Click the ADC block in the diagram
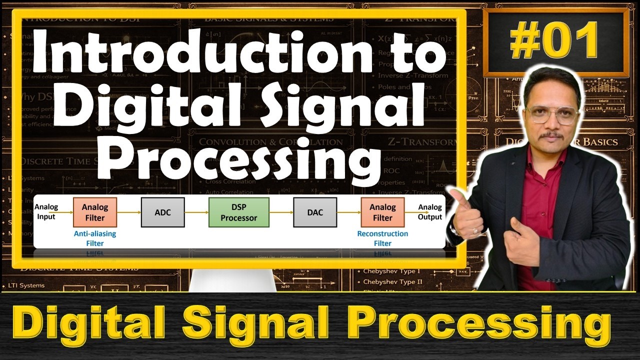[x=162, y=212]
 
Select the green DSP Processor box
[x=239, y=212]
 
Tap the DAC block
[x=315, y=212]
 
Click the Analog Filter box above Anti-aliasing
[x=95, y=212]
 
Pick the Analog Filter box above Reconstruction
[x=382, y=212]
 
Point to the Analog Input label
[x=46, y=212]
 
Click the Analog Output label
[x=430, y=212]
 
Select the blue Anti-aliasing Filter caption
[x=95, y=238]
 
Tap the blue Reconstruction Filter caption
[x=382, y=238]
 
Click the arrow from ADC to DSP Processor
[x=196, y=212]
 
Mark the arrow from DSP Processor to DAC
[x=281, y=212]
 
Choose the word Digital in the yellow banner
[x=95, y=325]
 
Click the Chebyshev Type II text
[x=392, y=282]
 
